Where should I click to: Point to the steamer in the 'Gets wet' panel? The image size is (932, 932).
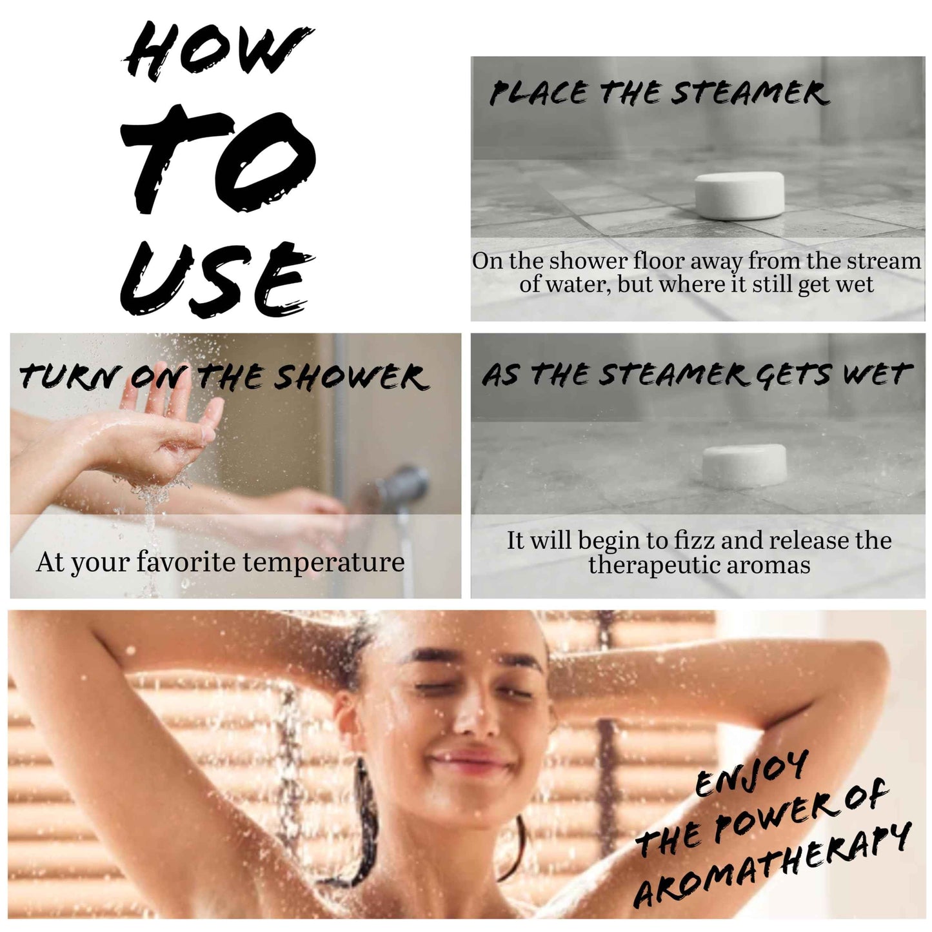pyautogui.click(x=744, y=466)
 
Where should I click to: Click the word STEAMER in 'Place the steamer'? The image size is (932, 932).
pyautogui.click(x=748, y=94)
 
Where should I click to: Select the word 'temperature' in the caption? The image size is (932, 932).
pyautogui.click(x=323, y=562)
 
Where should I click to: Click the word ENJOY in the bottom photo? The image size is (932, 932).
pyautogui.click(x=751, y=777)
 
